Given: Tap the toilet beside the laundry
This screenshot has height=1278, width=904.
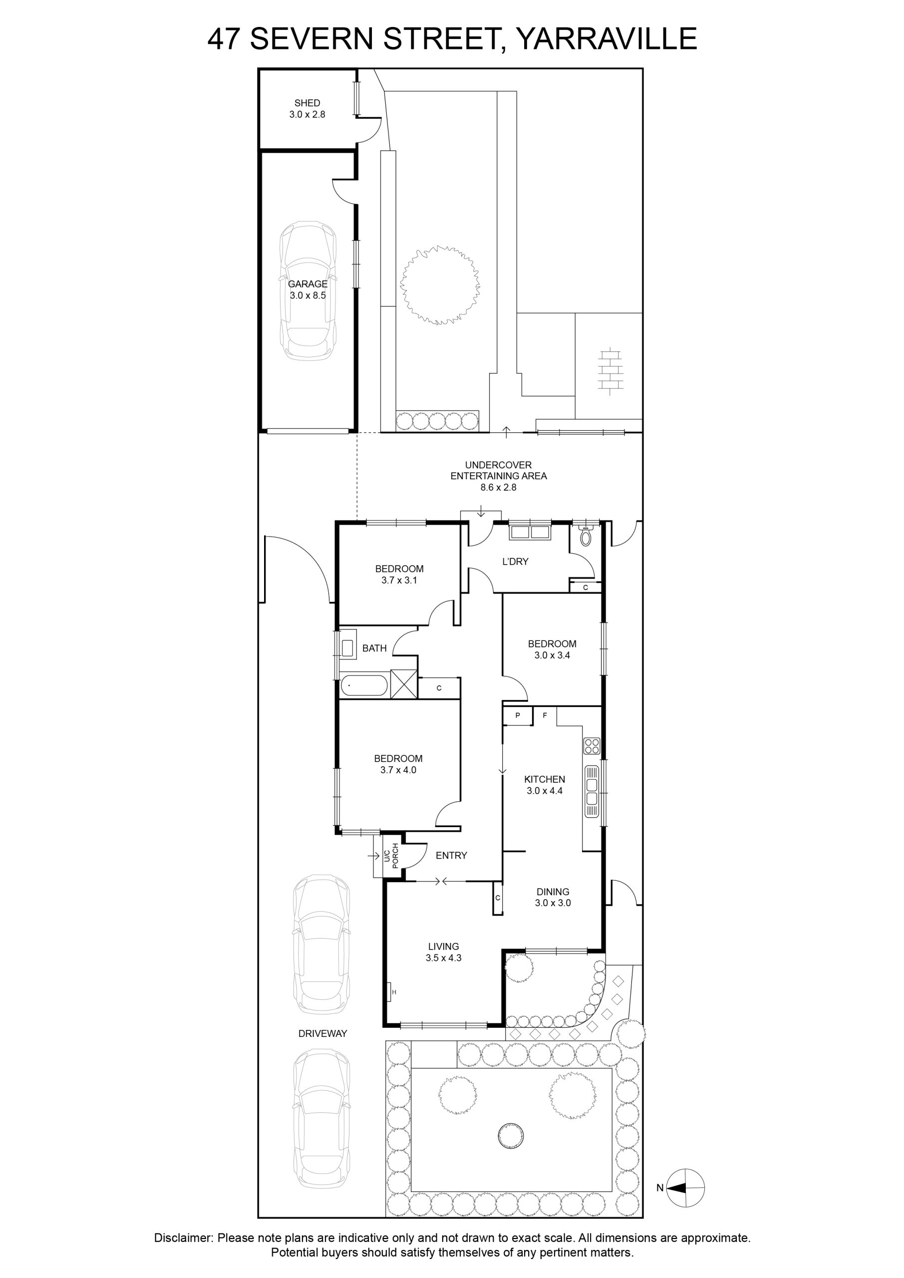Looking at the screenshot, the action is click(585, 534).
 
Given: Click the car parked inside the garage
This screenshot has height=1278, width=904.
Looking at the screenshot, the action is click(308, 291).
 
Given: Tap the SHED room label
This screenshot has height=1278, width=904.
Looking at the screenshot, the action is click(307, 103).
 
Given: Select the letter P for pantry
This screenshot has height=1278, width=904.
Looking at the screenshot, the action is click(517, 715).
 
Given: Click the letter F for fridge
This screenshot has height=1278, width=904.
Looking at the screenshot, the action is click(545, 715).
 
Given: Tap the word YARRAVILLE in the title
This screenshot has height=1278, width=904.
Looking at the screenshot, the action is click(606, 39).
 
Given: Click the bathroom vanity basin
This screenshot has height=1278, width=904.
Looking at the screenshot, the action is click(347, 648).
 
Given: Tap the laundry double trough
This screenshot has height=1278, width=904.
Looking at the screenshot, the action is click(530, 532).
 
